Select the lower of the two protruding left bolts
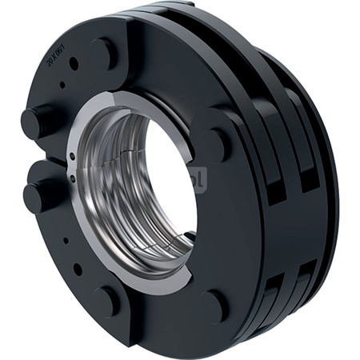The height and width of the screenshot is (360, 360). point(40,195)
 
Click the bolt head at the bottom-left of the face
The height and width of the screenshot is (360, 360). point(106,302)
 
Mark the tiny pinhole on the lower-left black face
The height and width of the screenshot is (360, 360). point(66,239)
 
